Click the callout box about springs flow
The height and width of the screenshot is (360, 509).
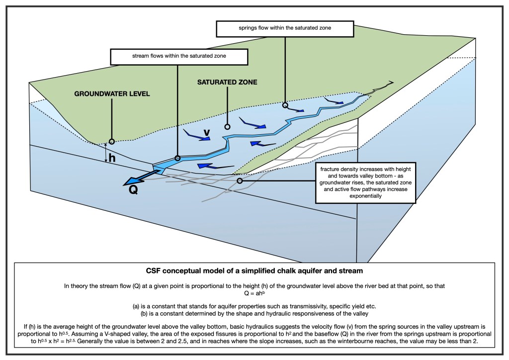285,28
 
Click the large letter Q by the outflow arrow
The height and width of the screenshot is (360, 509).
133,190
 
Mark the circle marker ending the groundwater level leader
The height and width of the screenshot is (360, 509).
112,141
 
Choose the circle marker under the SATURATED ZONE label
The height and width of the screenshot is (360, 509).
228,126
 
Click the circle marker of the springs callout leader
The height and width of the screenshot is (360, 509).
285,105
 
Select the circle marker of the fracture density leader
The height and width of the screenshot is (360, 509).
240,181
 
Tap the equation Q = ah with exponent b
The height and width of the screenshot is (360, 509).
254,293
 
